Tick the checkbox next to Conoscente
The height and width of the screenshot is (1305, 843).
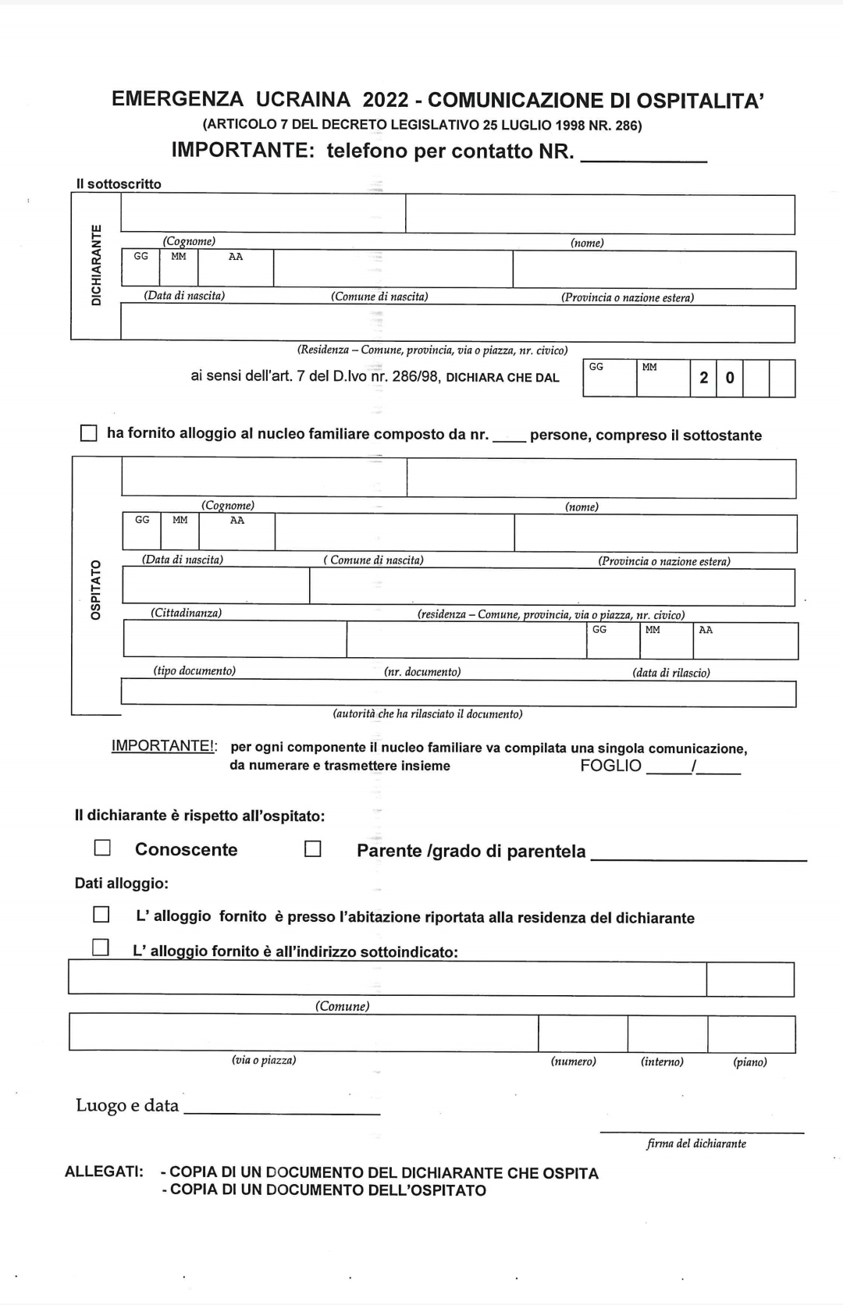point(102,848)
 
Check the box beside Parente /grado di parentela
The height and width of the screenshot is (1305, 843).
point(313,848)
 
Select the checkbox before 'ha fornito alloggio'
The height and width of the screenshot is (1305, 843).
point(90,433)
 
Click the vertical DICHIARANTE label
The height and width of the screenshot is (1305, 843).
point(96,265)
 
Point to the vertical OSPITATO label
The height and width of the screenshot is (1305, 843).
point(96,589)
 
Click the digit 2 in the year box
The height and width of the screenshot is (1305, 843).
point(704,378)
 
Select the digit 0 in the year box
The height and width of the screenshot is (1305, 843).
point(730,378)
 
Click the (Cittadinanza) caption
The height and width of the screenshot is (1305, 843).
point(186,613)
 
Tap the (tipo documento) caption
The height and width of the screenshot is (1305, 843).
point(194,671)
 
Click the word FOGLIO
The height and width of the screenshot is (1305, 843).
point(610,766)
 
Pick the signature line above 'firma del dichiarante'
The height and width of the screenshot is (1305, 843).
point(702,1132)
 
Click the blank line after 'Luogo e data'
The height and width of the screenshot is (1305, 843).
point(282,1111)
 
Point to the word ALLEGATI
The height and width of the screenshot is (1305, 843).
point(104,1172)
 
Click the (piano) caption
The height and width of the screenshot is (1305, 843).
point(749,1061)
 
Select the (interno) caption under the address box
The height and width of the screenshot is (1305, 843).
point(662,1061)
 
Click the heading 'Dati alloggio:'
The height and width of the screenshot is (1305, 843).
point(121,884)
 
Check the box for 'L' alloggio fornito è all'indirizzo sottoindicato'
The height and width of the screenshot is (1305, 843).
point(101,948)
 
